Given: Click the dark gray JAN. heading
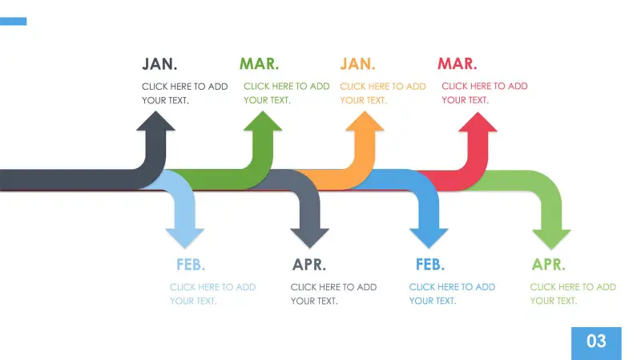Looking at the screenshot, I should click(x=160, y=64).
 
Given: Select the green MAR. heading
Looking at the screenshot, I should click(x=259, y=64).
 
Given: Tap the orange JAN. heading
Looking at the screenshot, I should click(x=357, y=64).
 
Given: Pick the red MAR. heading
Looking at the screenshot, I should click(x=458, y=64).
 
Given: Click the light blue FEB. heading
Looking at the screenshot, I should click(x=191, y=265).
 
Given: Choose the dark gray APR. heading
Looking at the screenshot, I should click(x=309, y=265).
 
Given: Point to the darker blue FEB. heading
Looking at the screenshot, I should click(x=430, y=265).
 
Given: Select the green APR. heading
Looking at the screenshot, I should click(x=549, y=265).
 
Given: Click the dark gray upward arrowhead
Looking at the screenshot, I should click(x=155, y=123).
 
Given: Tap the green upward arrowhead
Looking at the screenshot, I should click(x=263, y=123).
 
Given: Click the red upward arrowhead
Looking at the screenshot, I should click(x=478, y=123).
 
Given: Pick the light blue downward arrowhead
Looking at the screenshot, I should click(x=185, y=237).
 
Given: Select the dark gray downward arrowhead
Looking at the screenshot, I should click(x=309, y=237).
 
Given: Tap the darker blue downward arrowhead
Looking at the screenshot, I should click(x=429, y=237).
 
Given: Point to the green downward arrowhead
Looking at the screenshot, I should click(x=551, y=238).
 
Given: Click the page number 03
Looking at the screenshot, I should click(x=597, y=342).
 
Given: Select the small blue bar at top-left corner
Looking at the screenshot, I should click(x=13, y=22).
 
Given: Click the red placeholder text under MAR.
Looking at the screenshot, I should click(x=485, y=93).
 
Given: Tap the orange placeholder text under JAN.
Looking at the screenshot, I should click(x=383, y=93).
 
